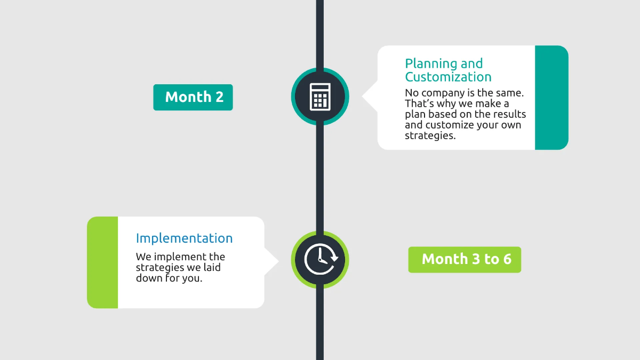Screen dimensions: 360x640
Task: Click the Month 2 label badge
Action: pos(193,97)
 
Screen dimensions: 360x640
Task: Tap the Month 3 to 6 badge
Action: pos(465,259)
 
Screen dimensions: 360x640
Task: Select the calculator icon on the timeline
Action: pos(320,97)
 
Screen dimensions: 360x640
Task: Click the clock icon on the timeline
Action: pos(320,260)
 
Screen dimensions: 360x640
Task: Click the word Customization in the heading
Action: pos(448,77)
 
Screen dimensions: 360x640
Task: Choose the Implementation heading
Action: pos(184,238)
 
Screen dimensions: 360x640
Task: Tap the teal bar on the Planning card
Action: pos(551,98)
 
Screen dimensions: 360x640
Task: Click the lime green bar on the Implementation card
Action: pos(102,262)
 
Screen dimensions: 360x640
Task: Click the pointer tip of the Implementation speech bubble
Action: pos(278,261)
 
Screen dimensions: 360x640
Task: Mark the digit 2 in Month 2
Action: pos(219,97)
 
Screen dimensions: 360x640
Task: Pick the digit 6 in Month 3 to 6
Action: pos(506,259)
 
